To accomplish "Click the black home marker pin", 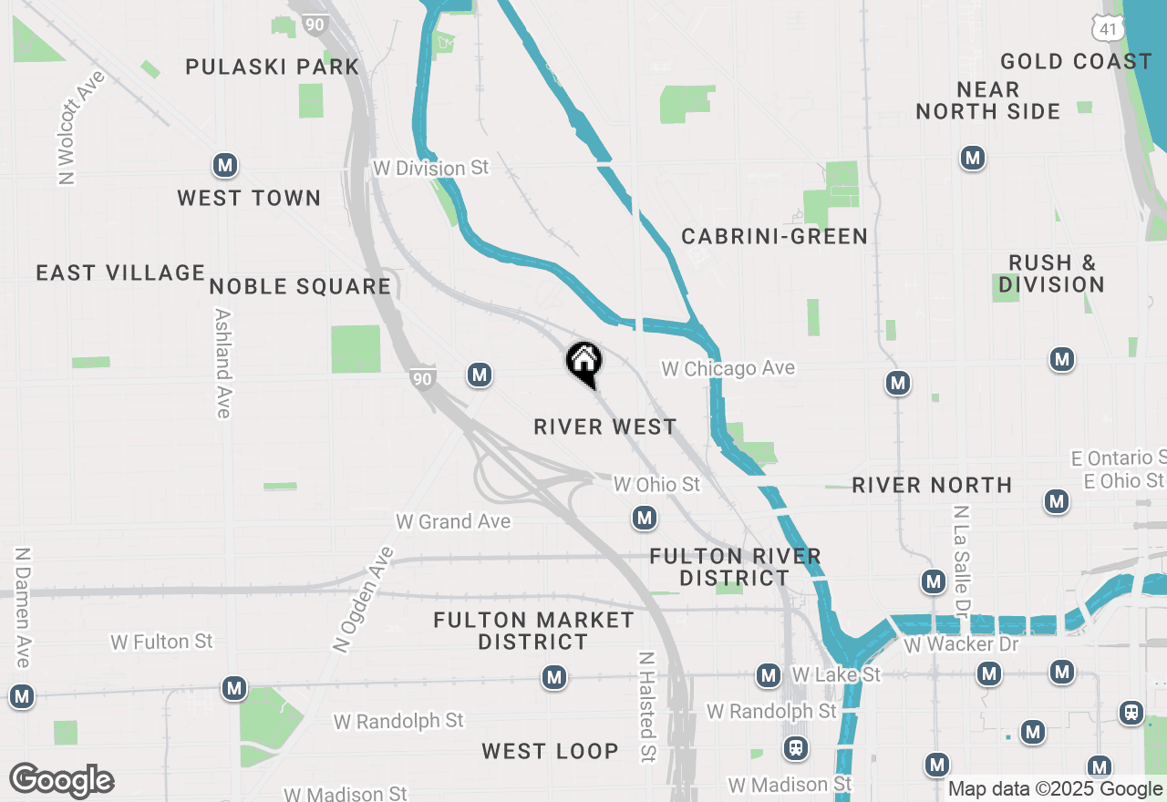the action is [583, 363].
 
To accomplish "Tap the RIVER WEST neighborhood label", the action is [605, 427].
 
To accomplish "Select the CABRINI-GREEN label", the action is [774, 237].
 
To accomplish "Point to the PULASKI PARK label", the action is [273, 67].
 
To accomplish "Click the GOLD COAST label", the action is [1076, 61].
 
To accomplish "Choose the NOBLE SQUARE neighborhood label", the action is [300, 286].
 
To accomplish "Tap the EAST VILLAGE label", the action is [120, 272].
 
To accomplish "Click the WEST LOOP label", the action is [550, 751].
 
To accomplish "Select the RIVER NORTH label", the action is [932, 485].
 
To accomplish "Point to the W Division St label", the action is [430, 169].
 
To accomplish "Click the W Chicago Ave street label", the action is [728, 368].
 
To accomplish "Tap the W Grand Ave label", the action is [453, 521].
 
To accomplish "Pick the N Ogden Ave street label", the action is [363, 600].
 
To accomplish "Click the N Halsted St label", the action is [646, 707].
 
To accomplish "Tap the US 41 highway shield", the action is [1107, 27].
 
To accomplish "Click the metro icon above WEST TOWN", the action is [225, 165].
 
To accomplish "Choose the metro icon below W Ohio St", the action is [645, 519].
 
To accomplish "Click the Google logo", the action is [62, 780].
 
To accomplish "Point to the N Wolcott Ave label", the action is [81, 128].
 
